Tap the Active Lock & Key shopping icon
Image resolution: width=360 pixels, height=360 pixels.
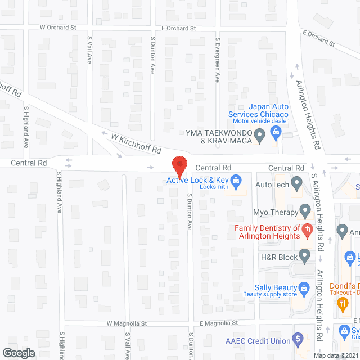(236, 181)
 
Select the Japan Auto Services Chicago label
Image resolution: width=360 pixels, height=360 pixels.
(259, 110)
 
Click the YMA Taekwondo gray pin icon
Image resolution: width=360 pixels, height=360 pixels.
(259, 134)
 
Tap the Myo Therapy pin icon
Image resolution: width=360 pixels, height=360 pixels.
(305, 212)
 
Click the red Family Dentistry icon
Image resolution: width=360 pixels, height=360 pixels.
(307, 229)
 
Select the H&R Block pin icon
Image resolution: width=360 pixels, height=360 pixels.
(305, 256)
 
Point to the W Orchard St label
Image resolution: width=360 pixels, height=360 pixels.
(58, 27)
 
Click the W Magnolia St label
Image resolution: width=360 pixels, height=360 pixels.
(127, 323)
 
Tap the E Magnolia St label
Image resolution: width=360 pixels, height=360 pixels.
(219, 323)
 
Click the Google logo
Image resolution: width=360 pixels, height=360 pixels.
(18, 353)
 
